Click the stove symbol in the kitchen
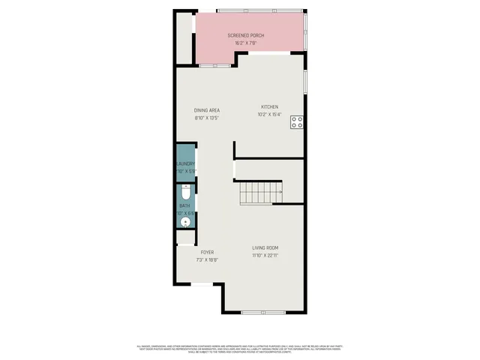[297, 121]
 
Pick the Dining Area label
[207, 110]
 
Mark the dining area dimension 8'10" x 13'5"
[207, 118]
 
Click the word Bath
[184, 205]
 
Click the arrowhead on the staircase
[280, 193]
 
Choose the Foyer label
[207, 253]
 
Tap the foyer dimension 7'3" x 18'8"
[207, 260]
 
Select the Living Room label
[265, 248]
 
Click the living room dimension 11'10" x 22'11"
[265, 256]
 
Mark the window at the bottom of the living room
[263, 312]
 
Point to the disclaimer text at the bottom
[240, 348]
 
